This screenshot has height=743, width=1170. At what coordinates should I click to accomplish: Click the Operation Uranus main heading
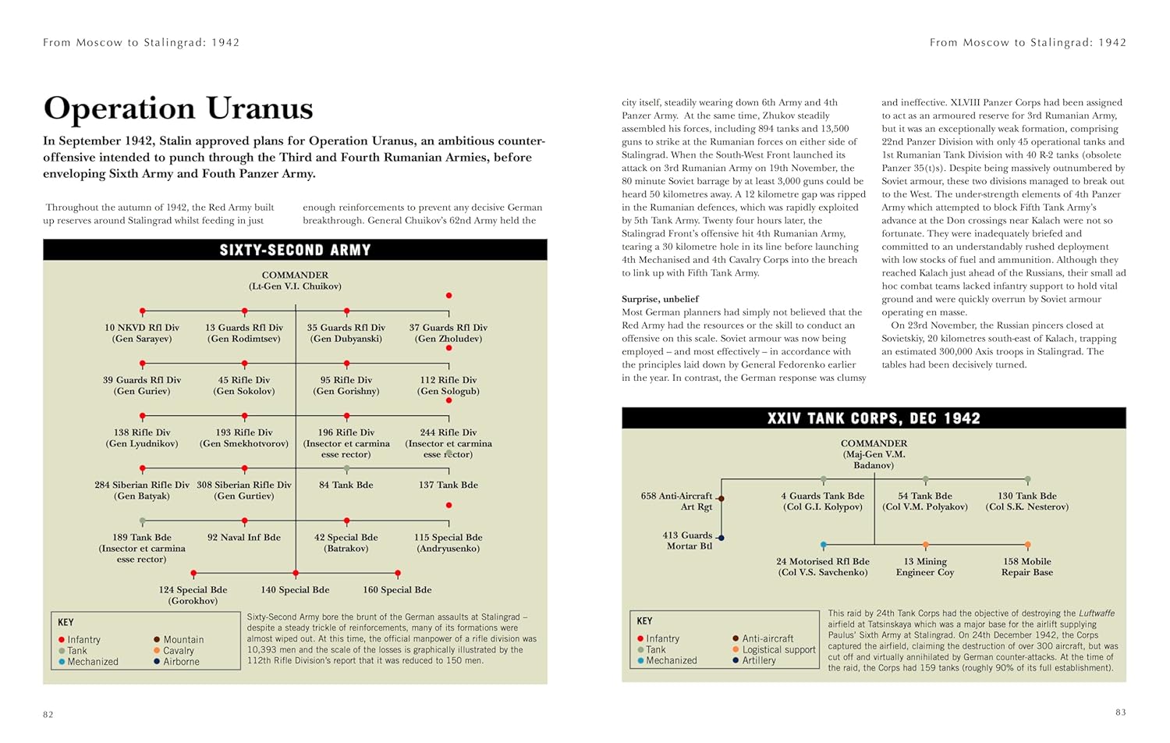(x=178, y=108)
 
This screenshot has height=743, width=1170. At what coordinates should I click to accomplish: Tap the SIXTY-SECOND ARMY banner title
(x=295, y=250)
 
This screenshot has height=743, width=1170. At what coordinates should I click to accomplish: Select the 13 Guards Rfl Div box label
(x=244, y=332)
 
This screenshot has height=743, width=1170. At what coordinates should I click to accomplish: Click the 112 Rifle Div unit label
(x=448, y=385)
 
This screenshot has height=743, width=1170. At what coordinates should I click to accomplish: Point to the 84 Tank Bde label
(x=346, y=485)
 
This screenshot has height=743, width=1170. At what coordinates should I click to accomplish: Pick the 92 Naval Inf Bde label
(x=244, y=537)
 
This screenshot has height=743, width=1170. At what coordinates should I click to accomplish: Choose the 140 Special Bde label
(x=295, y=589)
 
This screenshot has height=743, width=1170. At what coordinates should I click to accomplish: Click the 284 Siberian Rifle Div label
(x=142, y=490)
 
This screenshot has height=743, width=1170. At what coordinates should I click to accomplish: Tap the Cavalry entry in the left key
(x=179, y=650)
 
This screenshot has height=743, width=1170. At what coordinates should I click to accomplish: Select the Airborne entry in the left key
(x=181, y=661)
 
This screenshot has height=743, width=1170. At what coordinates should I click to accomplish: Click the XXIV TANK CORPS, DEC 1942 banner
(x=874, y=418)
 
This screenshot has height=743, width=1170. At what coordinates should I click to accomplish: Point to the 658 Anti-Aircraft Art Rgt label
(x=676, y=501)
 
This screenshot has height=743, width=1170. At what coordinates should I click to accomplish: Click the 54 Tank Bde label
(x=925, y=501)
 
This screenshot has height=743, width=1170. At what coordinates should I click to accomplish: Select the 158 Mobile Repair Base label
(x=1026, y=567)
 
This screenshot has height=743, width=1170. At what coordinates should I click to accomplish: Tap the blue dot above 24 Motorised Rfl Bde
(x=823, y=546)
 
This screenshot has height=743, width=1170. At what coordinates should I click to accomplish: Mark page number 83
(x=1120, y=712)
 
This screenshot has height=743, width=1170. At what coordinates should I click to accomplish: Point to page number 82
(x=48, y=714)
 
